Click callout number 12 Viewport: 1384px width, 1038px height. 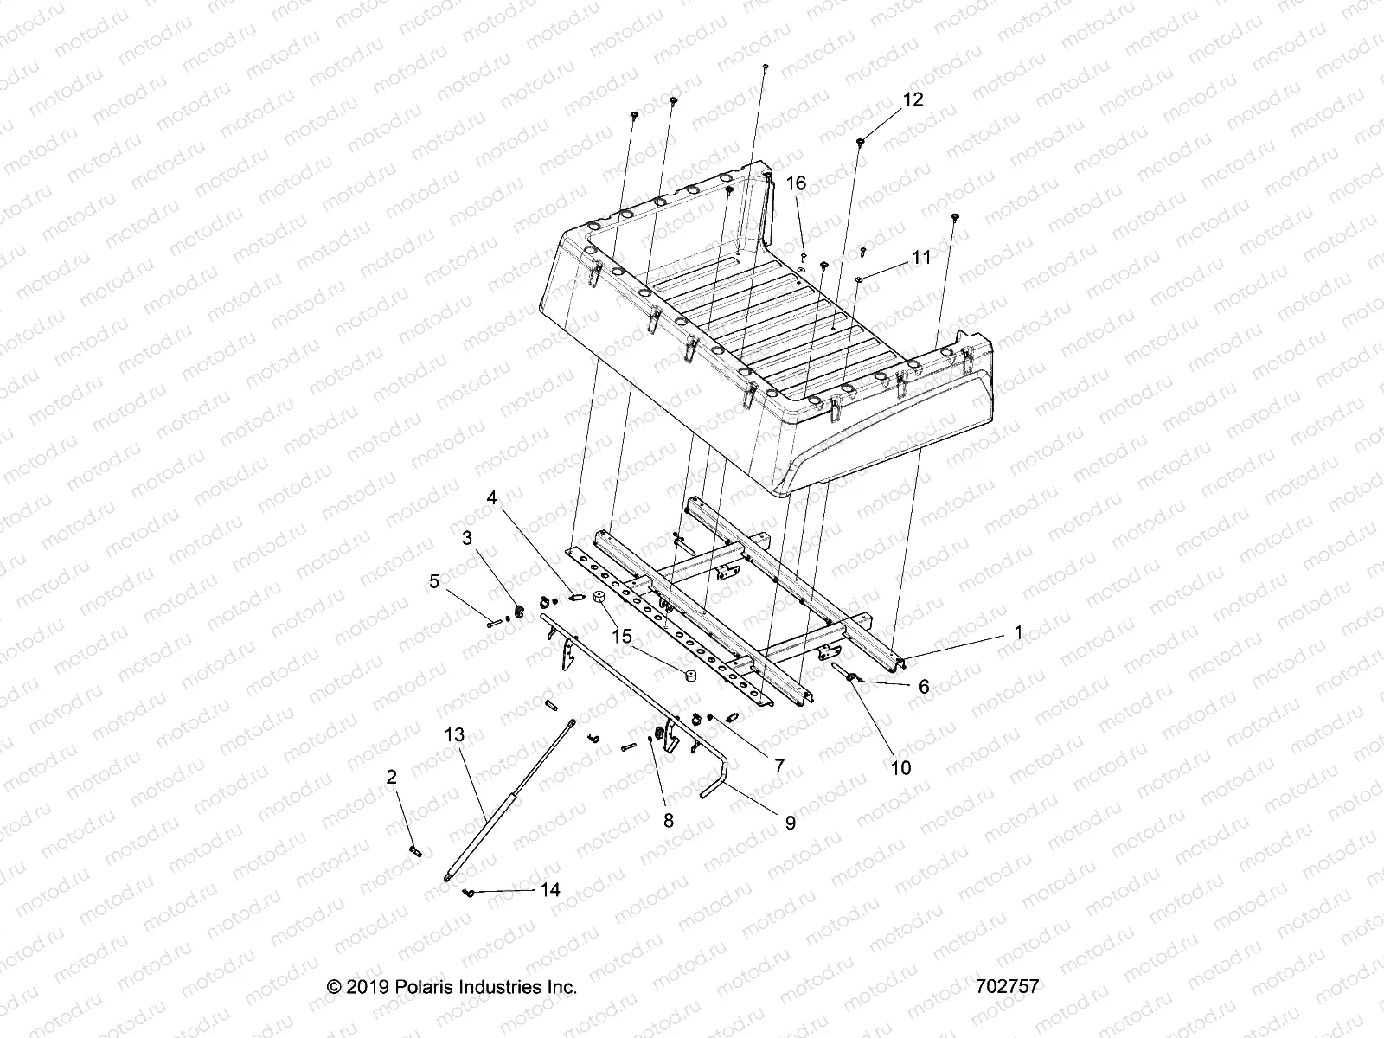913,99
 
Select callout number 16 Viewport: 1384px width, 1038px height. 796,183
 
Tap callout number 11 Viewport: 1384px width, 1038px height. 920,258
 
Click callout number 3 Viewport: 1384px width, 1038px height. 467,538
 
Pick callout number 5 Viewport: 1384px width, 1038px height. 434,581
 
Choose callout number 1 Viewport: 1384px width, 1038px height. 1018,632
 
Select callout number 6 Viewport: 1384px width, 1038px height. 924,686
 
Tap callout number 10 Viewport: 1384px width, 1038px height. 900,767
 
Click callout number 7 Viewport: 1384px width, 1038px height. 778,766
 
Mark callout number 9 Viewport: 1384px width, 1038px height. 790,823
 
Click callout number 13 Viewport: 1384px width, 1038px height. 454,735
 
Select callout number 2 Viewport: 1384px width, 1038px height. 392,778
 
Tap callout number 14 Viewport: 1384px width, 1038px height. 550,889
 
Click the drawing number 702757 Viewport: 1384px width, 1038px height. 1004,986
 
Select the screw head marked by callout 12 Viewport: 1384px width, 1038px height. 862,140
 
